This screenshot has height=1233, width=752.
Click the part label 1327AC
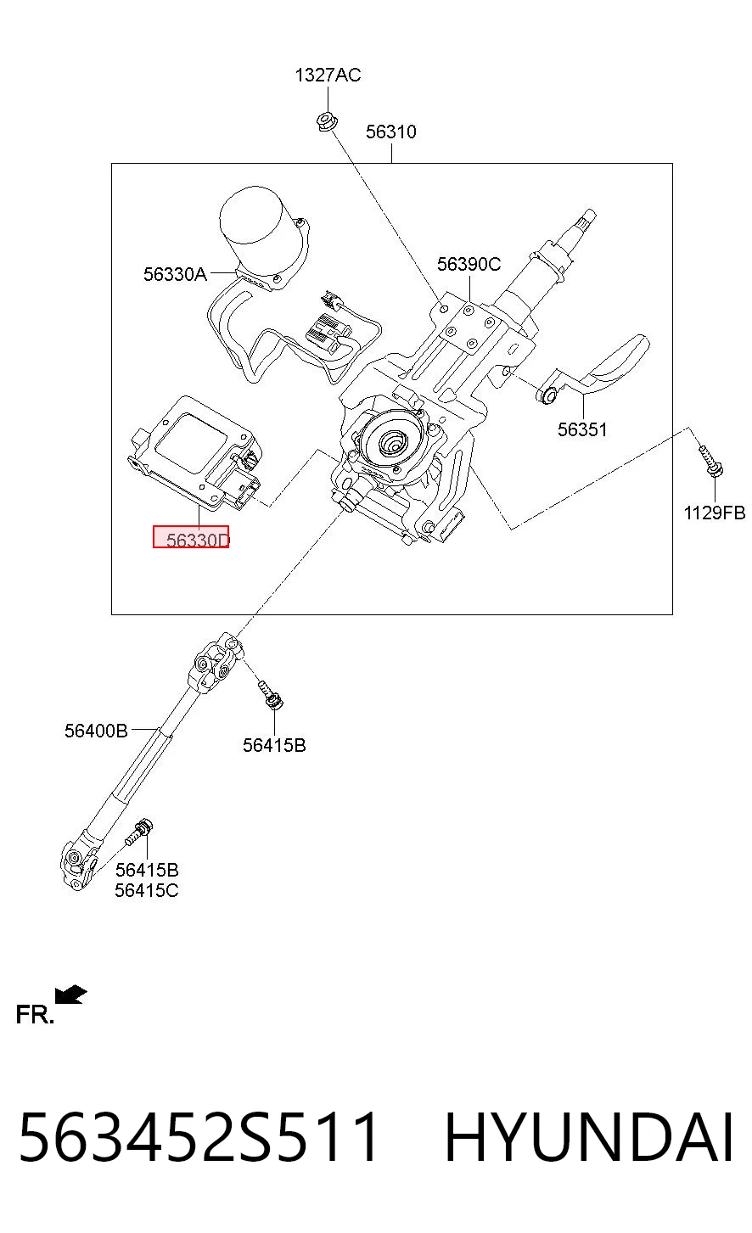pos(328,75)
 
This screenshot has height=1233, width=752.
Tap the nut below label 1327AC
pos(327,120)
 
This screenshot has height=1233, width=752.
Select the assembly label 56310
pos(391,132)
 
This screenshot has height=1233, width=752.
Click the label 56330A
pos(175,274)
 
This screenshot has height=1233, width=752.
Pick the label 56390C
pos(469,264)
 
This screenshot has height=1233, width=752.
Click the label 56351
pos(582,429)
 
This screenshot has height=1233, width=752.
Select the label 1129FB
pos(715,513)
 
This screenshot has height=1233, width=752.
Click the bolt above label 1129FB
pos(710,461)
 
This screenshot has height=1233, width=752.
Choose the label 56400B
pos(96,731)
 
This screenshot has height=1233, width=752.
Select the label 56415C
pos(147,890)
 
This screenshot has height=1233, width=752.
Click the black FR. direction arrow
pos(70,995)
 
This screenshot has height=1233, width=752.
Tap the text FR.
pos(35,1014)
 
